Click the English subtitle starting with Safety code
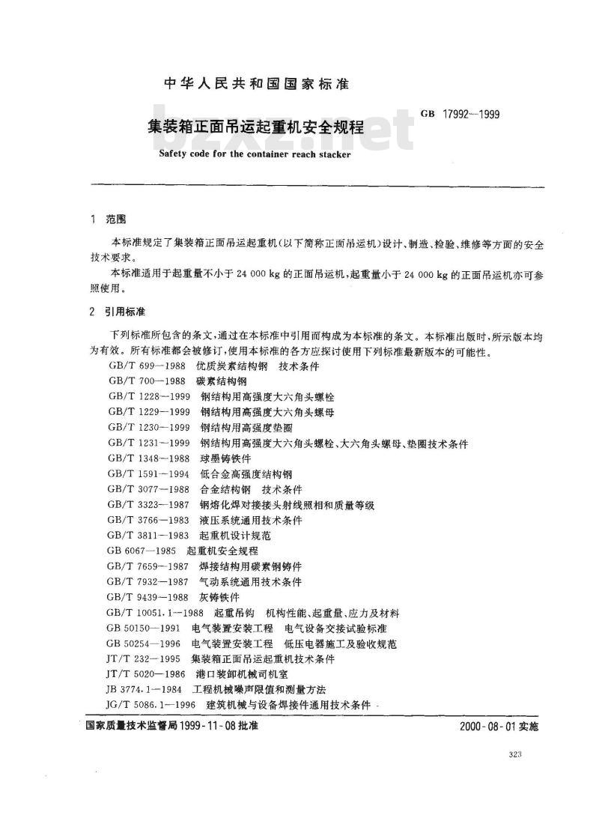coord(255,156)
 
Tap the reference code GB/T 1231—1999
coord(150,443)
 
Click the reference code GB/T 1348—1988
coord(150,457)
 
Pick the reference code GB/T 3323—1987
coord(150,506)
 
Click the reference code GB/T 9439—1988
coord(150,597)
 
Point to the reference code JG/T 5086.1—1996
coord(152,705)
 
